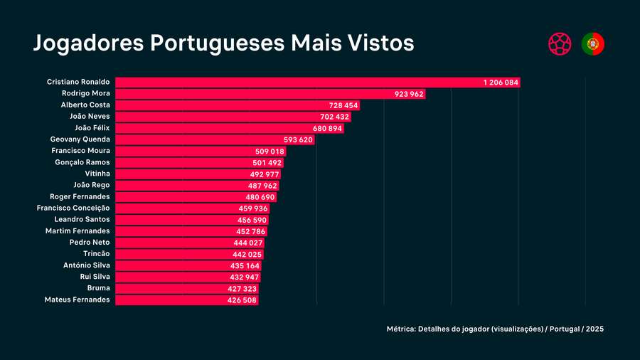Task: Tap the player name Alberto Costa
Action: pyautogui.click(x=85, y=105)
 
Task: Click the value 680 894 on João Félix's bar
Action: pyautogui.click(x=327, y=128)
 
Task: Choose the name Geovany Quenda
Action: pyautogui.click(x=80, y=139)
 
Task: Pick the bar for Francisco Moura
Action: pyautogui.click(x=185, y=152)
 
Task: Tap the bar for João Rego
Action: pyautogui.click(x=178, y=186)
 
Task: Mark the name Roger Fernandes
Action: pyautogui.click(x=80, y=196)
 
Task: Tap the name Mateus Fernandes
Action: pyautogui.click(x=77, y=300)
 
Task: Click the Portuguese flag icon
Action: pyautogui.click(x=592, y=44)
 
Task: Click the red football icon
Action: pyautogui.click(x=560, y=44)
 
